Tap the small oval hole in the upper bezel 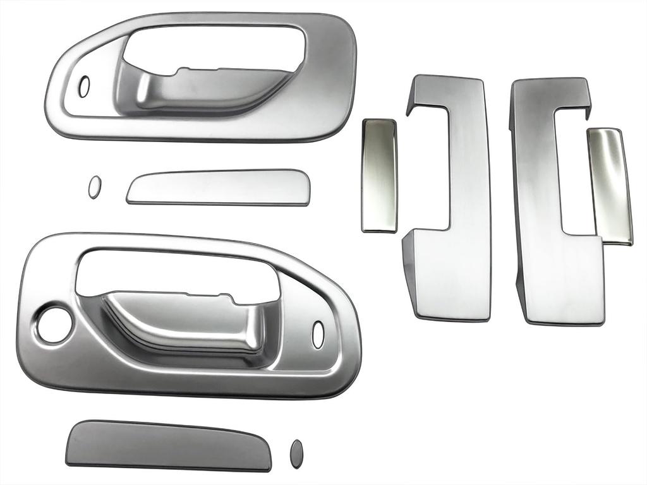click(84, 87)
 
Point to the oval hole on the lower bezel click(318, 334)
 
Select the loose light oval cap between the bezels click(94, 187)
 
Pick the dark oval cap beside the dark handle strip click(296, 453)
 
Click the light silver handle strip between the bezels click(218, 187)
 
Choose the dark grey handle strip click(167, 445)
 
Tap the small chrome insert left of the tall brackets click(379, 175)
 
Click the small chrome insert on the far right click(610, 185)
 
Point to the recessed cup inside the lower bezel click(190, 325)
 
